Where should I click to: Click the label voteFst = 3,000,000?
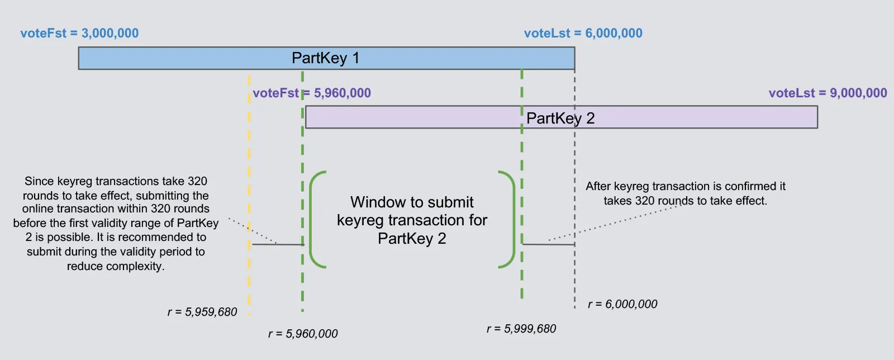click(79, 33)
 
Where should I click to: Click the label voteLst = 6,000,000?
click(583, 33)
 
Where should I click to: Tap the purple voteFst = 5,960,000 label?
click(312, 93)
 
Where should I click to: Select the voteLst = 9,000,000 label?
click(828, 93)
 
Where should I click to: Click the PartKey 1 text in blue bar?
click(325, 58)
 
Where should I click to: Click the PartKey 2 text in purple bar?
click(560, 118)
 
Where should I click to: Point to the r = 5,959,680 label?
click(202, 312)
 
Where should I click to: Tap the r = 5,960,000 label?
click(303, 334)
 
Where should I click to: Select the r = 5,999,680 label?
click(521, 329)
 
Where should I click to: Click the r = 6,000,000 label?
click(622, 304)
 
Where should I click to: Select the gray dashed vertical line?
click(574, 168)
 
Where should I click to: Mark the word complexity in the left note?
click(136, 266)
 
